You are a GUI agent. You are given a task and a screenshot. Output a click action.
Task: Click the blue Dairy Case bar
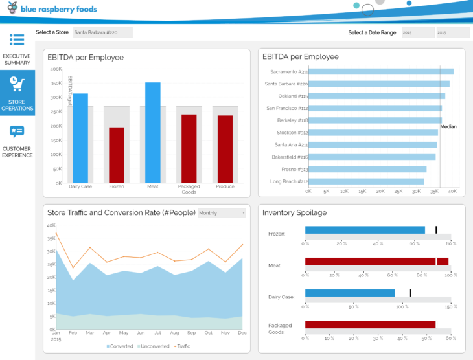click(x=80, y=138)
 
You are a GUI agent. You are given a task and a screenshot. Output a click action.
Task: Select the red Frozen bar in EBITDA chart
click(x=117, y=155)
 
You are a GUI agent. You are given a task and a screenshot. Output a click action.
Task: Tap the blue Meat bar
click(x=153, y=132)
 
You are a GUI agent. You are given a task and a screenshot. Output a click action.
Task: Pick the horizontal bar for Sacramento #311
click(x=381, y=71)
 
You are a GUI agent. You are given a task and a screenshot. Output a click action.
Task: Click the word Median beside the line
click(x=448, y=127)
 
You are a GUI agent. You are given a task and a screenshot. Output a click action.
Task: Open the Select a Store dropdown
click(x=102, y=32)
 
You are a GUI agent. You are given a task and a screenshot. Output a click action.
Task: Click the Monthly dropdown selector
click(x=222, y=213)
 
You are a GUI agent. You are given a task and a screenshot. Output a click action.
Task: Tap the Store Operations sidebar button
click(x=17, y=93)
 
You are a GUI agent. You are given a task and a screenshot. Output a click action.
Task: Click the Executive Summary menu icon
click(x=17, y=39)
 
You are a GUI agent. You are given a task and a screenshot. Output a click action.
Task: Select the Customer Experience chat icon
click(x=17, y=132)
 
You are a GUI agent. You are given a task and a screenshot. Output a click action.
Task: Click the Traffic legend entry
click(x=182, y=346)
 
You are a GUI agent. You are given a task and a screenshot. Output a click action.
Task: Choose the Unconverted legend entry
click(x=153, y=346)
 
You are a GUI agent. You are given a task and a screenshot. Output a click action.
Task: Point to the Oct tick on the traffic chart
click(x=208, y=333)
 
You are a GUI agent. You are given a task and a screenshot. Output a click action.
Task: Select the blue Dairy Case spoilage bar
click(x=350, y=293)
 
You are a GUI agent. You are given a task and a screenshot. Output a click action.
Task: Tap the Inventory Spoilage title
click(x=294, y=212)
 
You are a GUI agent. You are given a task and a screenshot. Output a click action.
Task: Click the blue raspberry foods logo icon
click(x=12, y=10)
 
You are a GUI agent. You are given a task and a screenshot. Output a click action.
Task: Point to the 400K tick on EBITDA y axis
click(x=56, y=69)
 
